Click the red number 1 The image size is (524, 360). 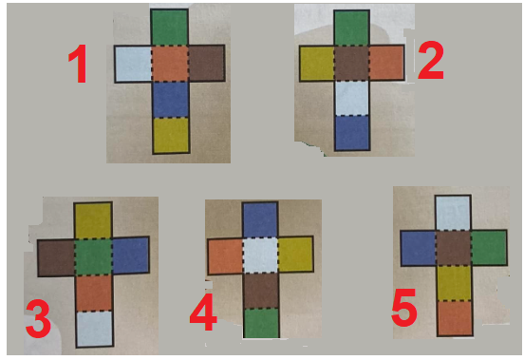78,64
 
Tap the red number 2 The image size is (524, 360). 431,60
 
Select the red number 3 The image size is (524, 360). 38,318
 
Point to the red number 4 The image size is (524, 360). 203,312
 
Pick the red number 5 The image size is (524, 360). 404,308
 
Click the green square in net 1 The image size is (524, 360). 169,28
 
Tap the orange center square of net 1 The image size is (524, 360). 170,64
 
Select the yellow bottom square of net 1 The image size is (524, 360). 171,136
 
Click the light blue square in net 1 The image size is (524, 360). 133,64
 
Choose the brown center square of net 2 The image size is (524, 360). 351,63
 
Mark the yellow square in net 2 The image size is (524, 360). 317,64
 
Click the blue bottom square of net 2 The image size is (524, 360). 352,133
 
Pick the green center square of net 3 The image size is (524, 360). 93,256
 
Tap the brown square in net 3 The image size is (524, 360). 56,257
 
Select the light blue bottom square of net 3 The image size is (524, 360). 95,329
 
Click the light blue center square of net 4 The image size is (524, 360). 260,256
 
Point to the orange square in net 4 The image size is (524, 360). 225,256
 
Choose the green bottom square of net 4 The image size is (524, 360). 262,323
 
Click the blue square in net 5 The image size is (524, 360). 419,248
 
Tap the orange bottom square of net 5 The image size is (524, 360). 455,318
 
